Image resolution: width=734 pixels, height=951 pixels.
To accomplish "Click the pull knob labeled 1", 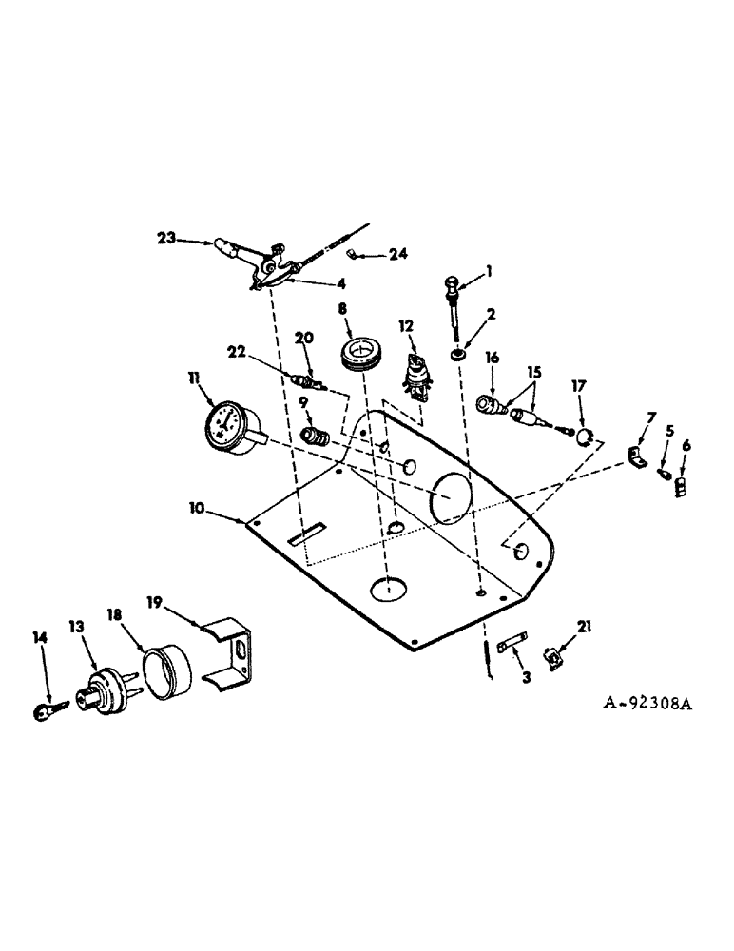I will (452, 282).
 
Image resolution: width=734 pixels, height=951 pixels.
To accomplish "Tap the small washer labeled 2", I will (459, 354).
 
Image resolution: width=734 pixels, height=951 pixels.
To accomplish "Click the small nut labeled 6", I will (681, 487).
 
